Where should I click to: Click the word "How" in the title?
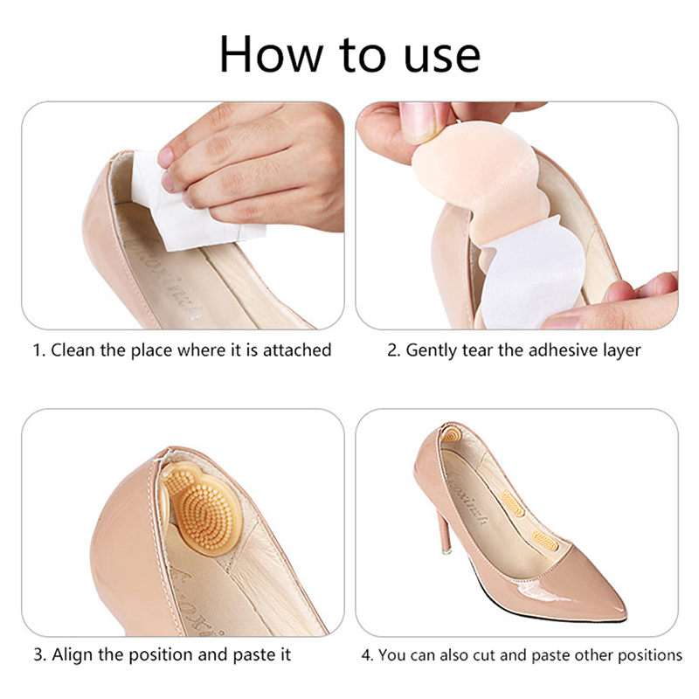click(x=271, y=54)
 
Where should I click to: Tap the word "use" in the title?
click(x=442, y=58)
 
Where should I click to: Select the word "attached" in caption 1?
click(x=297, y=350)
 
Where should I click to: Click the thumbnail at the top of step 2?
click(x=419, y=121)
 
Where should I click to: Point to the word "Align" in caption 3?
click(x=73, y=654)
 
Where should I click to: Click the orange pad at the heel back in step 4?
click(x=450, y=433)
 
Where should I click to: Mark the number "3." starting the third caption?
click(x=40, y=655)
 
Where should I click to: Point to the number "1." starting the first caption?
click(x=39, y=350)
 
